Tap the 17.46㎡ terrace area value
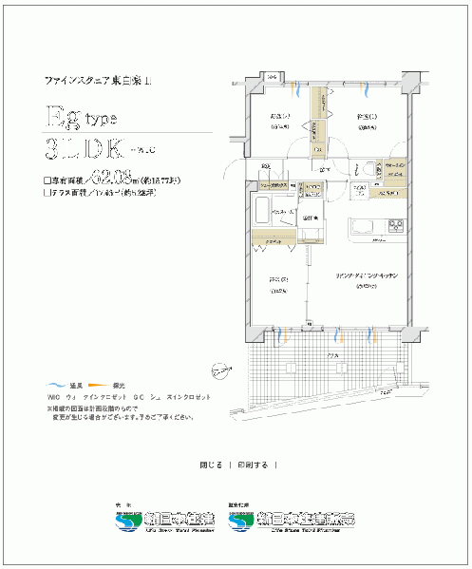tap(121, 191)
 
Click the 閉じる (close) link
tap(211, 465)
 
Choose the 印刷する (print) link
tap(253, 465)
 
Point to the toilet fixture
tap(366, 169)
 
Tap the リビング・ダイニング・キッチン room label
tap(365, 275)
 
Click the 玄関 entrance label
tap(267, 167)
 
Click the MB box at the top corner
tap(271, 76)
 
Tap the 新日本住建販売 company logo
tap(303, 520)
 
